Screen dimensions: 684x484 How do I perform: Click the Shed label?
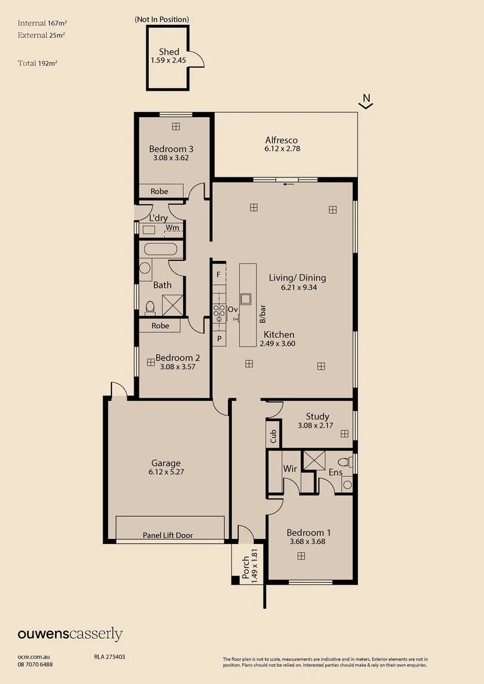tap(169, 52)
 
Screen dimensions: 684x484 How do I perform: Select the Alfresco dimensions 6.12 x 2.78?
tap(282, 149)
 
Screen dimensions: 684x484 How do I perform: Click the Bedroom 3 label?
tap(171, 149)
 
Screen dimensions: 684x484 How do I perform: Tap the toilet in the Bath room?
tap(150, 308)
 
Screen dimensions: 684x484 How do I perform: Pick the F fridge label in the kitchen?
tap(219, 275)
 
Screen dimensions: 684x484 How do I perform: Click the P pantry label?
tap(219, 339)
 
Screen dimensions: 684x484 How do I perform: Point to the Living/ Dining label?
tap(297, 277)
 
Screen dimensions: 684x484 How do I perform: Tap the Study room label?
tap(317, 416)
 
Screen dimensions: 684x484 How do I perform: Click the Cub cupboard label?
tap(273, 435)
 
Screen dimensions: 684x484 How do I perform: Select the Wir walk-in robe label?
tap(290, 469)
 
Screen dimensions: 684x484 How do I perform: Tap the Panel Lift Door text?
tap(168, 535)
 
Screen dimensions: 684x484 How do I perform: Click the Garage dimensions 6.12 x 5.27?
tap(166, 472)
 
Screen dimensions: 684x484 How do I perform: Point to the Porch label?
tap(246, 567)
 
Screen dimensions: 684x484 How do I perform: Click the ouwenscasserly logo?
tap(70, 635)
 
